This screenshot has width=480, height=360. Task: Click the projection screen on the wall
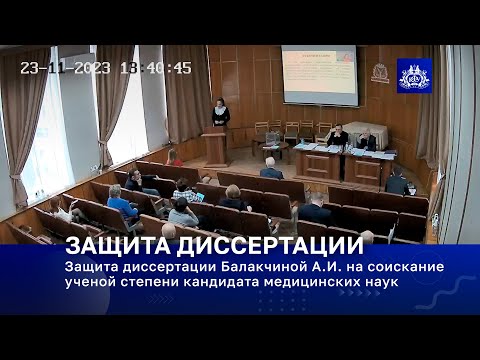point(319,75)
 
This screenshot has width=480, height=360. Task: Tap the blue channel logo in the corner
point(414,76)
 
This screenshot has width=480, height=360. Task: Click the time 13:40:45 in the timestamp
point(156,68)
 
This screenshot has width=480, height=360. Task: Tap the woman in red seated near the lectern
point(175,158)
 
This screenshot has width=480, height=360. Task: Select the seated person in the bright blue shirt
point(121,206)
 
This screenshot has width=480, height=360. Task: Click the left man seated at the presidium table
point(337,136)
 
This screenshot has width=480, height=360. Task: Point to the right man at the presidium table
point(366,140)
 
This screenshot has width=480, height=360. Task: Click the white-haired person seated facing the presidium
point(270,169)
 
